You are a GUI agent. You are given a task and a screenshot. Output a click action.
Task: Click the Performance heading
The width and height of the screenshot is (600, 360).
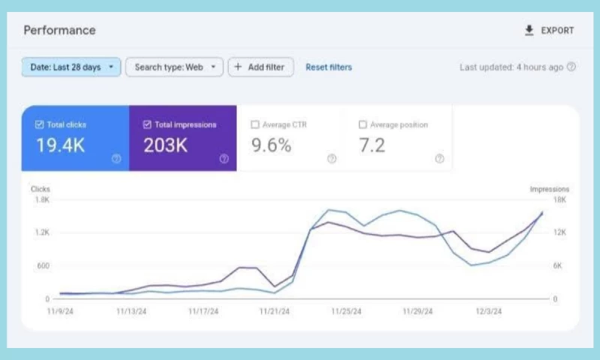tap(59, 31)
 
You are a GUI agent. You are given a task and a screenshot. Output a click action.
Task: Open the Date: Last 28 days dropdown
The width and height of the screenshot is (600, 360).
tap(70, 67)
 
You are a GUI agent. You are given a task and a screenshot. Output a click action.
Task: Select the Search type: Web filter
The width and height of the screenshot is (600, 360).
tap(174, 67)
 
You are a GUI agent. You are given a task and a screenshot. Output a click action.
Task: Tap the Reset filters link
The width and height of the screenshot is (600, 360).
tap(328, 67)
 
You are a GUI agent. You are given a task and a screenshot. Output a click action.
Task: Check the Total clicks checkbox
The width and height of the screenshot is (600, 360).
tap(40, 124)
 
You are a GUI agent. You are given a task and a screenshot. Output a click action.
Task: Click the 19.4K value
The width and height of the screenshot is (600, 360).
tap(60, 145)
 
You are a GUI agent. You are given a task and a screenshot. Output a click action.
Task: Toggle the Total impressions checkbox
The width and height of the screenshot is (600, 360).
tap(147, 124)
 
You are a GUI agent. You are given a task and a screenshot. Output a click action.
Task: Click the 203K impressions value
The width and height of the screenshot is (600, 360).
tap(165, 145)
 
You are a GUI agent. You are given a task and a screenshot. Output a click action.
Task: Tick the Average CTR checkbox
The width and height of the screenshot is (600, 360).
tap(255, 124)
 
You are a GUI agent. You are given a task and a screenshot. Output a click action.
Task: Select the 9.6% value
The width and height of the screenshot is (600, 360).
tap(271, 145)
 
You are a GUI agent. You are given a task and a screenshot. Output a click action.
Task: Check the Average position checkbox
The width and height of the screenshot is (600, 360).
tap(363, 124)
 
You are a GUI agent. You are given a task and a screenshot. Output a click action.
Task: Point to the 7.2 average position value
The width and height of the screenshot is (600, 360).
tap(372, 145)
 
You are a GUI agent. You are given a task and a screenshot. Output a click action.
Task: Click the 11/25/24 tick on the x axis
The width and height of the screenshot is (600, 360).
tap(346, 311)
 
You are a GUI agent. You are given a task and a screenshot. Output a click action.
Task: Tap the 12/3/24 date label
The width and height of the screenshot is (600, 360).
tap(489, 311)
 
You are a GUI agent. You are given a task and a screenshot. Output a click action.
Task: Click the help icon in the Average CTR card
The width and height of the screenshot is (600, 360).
tap(331, 159)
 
